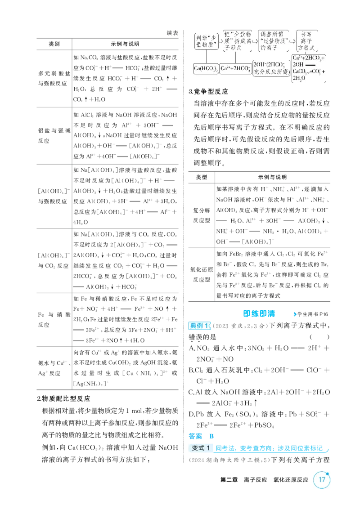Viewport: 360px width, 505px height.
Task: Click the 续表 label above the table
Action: (x=172, y=33)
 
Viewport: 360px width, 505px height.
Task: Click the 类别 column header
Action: (x=54, y=44)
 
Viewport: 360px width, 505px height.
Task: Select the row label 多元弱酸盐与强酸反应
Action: (x=54, y=78)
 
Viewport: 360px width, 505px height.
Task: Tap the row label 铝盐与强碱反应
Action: (x=54, y=136)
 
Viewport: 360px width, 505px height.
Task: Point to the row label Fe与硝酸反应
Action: (x=54, y=319)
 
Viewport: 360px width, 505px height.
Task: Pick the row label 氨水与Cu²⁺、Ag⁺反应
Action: (x=54, y=368)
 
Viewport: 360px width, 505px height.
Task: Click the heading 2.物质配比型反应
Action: (x=63, y=399)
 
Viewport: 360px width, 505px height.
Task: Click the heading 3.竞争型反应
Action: (x=208, y=91)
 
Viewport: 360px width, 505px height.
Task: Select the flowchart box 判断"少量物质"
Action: (x=207, y=41)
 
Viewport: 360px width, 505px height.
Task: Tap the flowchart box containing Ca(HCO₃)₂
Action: (x=206, y=68)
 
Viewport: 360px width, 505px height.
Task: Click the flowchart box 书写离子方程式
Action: (x=307, y=41)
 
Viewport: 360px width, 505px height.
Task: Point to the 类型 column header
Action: (x=202, y=177)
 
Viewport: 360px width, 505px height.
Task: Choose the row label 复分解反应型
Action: (x=202, y=215)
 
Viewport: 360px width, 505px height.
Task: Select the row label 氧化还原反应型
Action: (x=202, y=275)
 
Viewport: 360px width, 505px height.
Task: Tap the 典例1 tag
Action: (x=199, y=326)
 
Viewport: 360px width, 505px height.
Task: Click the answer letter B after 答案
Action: (x=211, y=436)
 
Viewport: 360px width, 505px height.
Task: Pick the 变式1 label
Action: (x=201, y=448)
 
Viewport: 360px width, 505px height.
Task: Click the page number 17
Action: (x=322, y=479)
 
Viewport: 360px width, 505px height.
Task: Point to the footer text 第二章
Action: (x=229, y=480)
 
